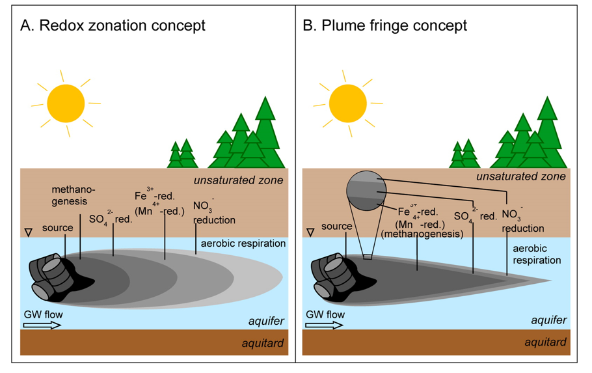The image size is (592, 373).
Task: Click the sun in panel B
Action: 348,103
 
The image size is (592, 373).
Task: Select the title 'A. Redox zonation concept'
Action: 113,26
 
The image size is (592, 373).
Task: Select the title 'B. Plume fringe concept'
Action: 385,26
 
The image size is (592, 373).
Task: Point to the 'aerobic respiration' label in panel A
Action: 241,243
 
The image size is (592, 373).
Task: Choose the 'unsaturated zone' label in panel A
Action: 245,176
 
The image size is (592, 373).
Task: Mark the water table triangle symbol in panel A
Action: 28,232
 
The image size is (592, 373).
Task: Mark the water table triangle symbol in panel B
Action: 310,232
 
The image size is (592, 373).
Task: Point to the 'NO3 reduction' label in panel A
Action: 214,214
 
